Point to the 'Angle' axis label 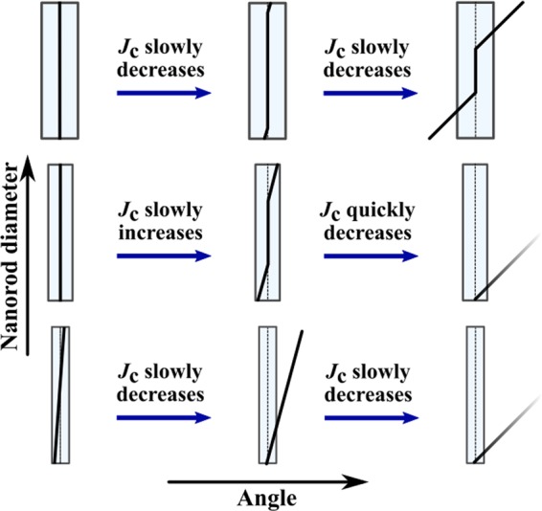270,497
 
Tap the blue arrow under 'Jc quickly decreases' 370,256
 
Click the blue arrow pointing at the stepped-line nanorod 370,94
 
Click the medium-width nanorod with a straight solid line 59,232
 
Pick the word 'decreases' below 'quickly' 370,233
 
